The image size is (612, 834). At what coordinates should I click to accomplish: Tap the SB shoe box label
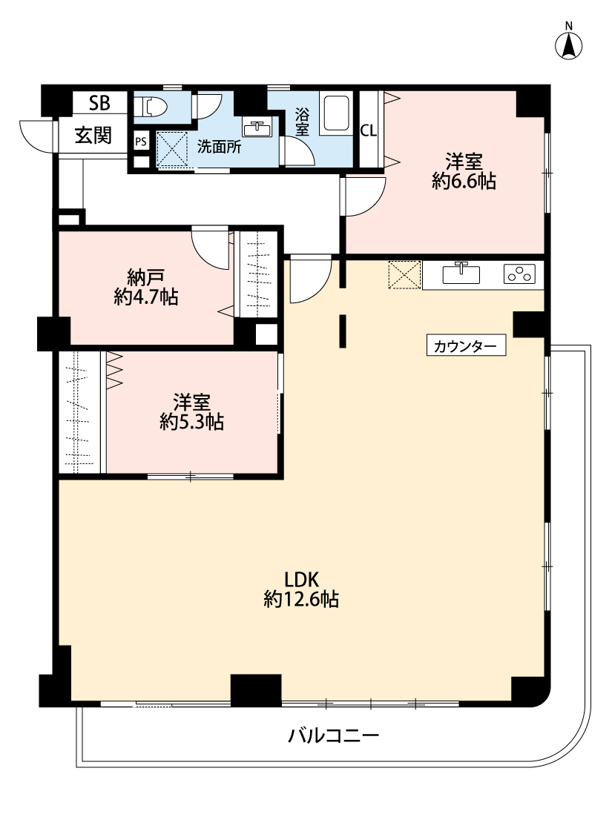(99, 102)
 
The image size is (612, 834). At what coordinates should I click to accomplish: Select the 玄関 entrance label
(93, 136)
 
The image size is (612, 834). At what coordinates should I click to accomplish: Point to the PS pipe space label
(141, 142)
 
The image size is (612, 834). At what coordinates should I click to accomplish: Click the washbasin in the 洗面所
(257, 128)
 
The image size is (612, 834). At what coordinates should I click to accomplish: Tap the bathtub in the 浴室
(335, 115)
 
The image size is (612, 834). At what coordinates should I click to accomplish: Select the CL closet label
(368, 130)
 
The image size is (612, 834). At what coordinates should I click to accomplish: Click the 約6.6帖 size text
(464, 182)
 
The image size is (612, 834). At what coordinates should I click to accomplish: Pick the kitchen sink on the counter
(461, 274)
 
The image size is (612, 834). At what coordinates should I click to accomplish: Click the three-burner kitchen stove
(519, 274)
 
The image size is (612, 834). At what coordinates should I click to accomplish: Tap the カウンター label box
(466, 345)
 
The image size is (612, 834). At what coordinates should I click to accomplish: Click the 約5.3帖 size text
(191, 422)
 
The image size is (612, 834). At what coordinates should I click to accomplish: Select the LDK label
(301, 579)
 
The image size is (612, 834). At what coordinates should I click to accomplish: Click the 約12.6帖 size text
(301, 600)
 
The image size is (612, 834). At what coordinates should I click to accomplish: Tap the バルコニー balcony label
(334, 735)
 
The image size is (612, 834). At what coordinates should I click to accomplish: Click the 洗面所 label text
(220, 147)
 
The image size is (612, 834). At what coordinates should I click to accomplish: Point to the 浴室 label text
(302, 122)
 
